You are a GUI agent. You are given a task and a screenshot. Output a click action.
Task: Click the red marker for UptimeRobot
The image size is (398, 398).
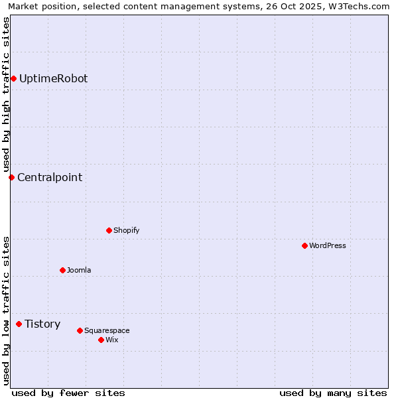13,79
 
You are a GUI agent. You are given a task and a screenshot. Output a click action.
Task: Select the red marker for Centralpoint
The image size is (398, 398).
11,177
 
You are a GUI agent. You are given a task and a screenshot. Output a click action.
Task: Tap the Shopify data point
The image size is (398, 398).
109,230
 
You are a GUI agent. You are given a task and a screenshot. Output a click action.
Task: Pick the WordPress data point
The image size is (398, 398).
304,245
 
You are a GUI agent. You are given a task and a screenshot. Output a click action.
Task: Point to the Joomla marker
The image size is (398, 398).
62,270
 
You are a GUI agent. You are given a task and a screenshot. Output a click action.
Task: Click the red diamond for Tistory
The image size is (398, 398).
19,324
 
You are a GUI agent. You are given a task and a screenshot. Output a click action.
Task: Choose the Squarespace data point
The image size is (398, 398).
80,330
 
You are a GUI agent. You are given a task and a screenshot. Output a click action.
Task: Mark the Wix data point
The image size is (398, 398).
101,340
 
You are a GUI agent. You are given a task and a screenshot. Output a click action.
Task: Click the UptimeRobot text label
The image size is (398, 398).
53,79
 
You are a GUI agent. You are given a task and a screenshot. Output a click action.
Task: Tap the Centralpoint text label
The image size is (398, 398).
50,177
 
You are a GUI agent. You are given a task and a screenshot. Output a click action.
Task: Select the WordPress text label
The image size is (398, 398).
328,245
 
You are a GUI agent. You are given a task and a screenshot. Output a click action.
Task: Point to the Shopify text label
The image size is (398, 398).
126,230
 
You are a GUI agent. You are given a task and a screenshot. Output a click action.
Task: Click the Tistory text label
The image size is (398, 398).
42,324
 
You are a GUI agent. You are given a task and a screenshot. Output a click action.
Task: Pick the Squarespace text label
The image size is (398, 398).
107,330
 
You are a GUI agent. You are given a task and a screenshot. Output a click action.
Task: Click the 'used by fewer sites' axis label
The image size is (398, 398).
68,393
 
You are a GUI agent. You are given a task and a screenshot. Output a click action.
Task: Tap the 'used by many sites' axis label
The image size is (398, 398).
333,393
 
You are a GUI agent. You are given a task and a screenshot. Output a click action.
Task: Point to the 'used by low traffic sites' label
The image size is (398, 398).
6,310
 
